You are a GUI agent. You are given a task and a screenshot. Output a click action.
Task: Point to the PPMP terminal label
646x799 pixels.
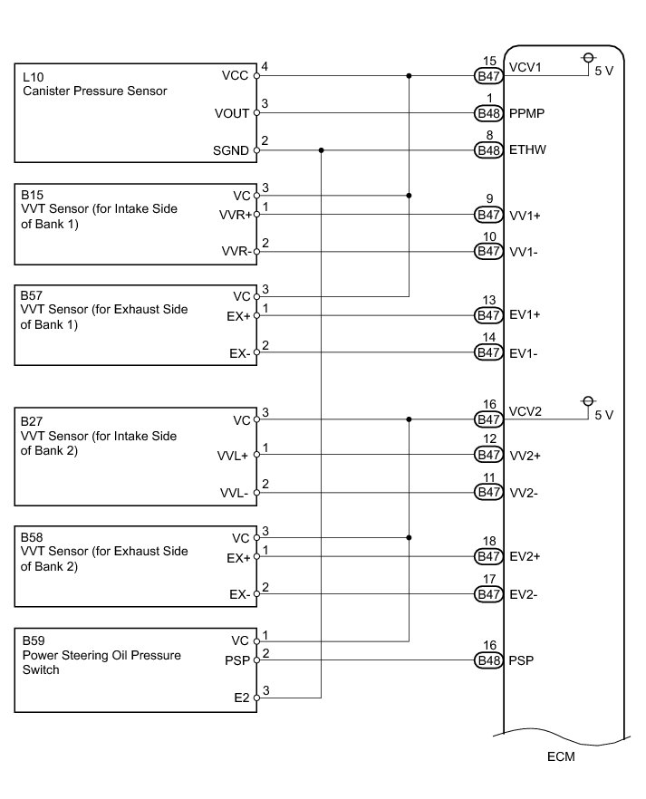[x=527, y=114]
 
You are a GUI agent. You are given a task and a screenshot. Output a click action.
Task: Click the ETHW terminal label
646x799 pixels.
[x=527, y=150]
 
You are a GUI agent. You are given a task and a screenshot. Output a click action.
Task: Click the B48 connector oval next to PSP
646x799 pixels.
[x=489, y=660]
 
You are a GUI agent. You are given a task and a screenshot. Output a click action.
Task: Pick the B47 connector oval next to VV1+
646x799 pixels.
[x=489, y=216]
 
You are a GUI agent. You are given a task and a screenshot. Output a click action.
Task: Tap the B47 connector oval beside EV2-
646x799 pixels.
[x=489, y=595]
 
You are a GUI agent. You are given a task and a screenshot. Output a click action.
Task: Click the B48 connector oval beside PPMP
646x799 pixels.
[x=489, y=114]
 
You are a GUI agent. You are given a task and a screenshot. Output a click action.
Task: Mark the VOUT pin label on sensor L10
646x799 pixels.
[x=233, y=114]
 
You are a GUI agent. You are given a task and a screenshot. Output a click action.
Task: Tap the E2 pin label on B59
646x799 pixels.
[x=241, y=698]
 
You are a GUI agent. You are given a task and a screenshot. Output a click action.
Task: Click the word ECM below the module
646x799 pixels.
[x=562, y=756]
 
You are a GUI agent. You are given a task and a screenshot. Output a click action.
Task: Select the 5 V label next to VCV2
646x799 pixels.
[x=603, y=415]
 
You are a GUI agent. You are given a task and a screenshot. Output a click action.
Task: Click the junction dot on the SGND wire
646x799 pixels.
[x=321, y=150]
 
